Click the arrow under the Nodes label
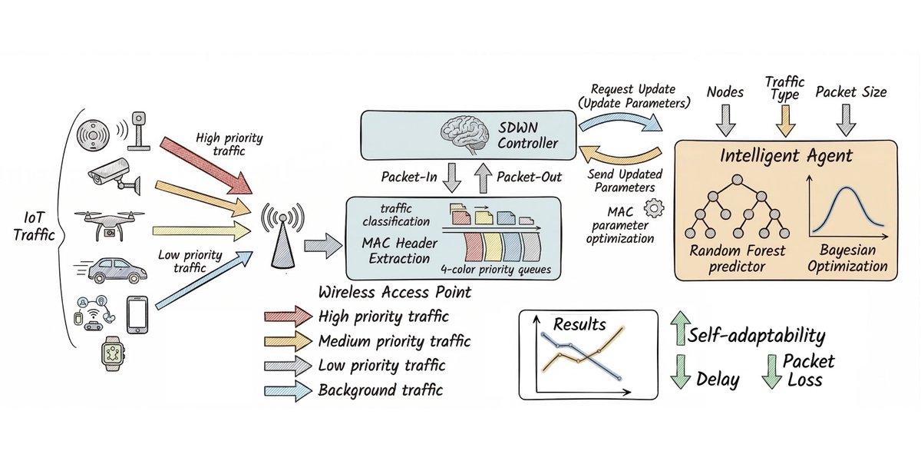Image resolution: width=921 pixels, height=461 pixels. (725, 119)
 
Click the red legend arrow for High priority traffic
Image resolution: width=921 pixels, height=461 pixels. (286, 316)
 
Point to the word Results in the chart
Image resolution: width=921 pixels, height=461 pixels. (579, 324)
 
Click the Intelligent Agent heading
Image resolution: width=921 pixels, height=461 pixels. (785, 157)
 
